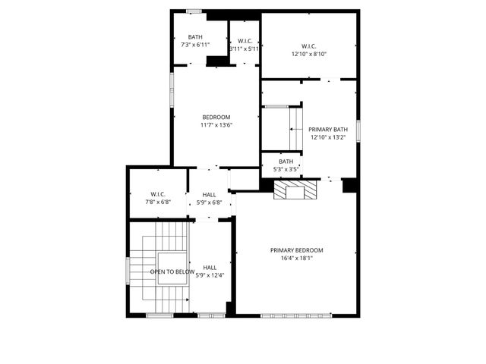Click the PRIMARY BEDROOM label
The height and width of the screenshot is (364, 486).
pyautogui.click(x=297, y=250)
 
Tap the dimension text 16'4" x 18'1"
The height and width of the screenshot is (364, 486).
pyautogui.click(x=297, y=258)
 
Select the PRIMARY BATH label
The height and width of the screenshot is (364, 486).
pyautogui.click(x=328, y=130)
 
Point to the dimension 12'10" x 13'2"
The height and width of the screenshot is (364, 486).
pyautogui.click(x=328, y=137)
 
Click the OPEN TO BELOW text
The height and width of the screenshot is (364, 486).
pyautogui.click(x=172, y=271)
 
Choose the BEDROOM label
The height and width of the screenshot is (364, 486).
pyautogui.click(x=216, y=117)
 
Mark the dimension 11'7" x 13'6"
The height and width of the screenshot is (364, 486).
pyautogui.click(x=216, y=125)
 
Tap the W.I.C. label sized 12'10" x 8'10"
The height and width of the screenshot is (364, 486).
pyautogui.click(x=308, y=45)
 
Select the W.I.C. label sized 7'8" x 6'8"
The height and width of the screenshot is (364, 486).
pyautogui.click(x=158, y=194)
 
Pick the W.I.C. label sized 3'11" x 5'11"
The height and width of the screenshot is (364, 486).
pyautogui.click(x=245, y=41)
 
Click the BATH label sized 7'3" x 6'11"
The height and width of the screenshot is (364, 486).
pyautogui.click(x=196, y=37)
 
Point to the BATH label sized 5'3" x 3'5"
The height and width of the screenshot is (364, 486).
pyautogui.click(x=286, y=162)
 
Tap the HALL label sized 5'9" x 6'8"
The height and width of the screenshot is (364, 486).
pyautogui.click(x=209, y=194)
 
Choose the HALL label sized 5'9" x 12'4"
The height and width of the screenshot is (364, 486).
pyautogui.click(x=210, y=267)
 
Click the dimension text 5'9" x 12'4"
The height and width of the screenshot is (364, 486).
pyautogui.click(x=210, y=275)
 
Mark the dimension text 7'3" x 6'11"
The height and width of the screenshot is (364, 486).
pyautogui.click(x=196, y=45)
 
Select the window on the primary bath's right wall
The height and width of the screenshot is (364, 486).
pyautogui.click(x=358, y=129)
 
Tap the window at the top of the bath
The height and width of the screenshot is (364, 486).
pyautogui.click(x=194, y=11)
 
